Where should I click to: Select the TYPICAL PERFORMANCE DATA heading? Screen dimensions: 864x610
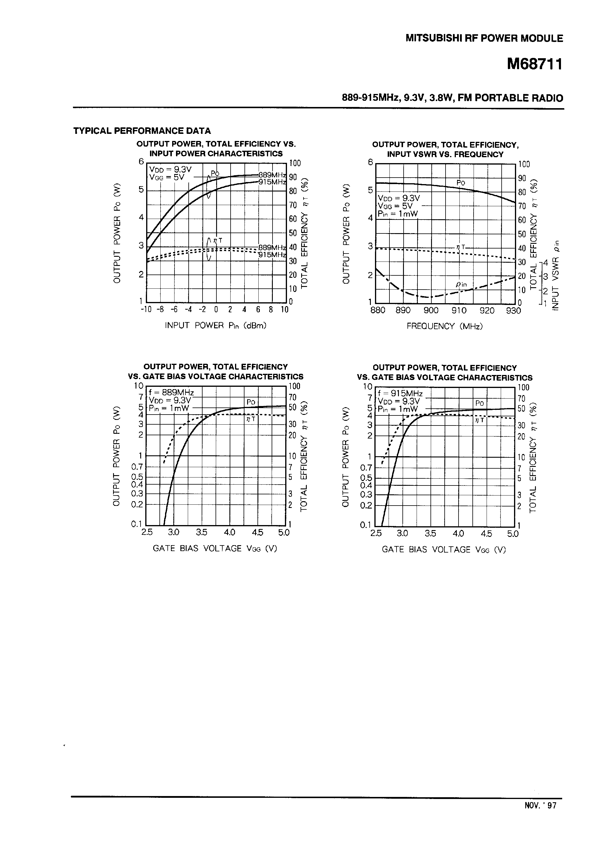pyautogui.click(x=142, y=131)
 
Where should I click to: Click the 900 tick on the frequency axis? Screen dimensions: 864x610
pyautogui.click(x=431, y=311)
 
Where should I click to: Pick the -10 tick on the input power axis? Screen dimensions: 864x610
pyautogui.click(x=146, y=309)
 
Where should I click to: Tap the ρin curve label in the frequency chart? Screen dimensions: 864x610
pyautogui.click(x=461, y=285)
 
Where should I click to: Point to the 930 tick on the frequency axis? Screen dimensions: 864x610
pyautogui.click(x=513, y=311)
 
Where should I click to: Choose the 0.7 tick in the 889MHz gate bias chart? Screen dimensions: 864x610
pyautogui.click(x=137, y=467)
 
